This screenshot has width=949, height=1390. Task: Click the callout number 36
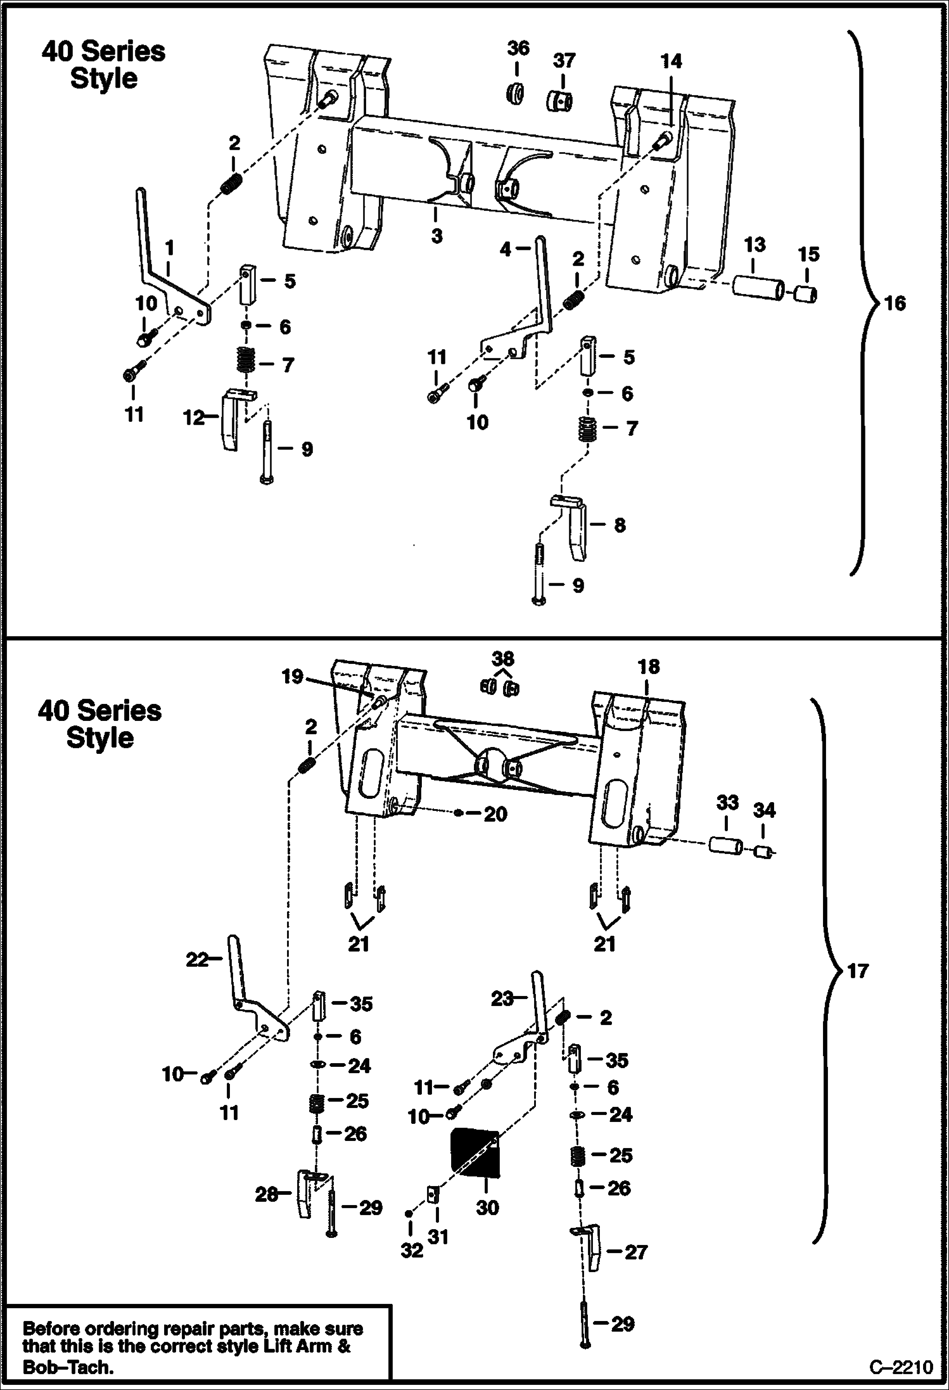[518, 48]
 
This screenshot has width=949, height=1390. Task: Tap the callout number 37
[564, 61]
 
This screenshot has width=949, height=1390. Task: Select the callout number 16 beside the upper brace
[895, 303]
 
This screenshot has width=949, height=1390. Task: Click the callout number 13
[754, 245]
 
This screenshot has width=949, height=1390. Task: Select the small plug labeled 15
[806, 294]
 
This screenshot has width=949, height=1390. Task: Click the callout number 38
[503, 658]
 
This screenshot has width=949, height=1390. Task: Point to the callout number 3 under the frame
[436, 236]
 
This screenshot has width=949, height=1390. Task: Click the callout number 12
[194, 418]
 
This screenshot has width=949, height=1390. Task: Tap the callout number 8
[620, 525]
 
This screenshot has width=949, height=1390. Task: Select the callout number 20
[495, 814]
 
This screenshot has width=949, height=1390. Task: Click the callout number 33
[727, 803]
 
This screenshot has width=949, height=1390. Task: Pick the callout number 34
[764, 810]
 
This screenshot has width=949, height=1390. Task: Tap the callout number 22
[197, 960]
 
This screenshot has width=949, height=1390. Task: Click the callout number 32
[411, 1251]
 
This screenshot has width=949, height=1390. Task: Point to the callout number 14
[671, 61]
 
